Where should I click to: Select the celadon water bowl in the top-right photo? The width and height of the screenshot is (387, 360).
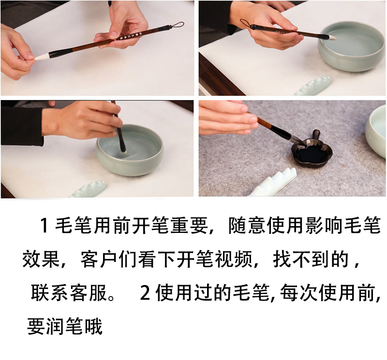point(352,49)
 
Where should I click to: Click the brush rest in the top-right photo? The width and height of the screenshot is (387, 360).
point(312,86)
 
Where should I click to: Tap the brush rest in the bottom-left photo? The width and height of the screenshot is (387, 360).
point(87,189)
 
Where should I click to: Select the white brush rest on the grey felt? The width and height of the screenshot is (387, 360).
point(272,182)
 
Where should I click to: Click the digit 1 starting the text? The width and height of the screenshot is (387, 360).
point(44,225)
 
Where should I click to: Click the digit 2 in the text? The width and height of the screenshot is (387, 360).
point(145,293)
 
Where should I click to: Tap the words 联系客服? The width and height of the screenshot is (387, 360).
point(69,293)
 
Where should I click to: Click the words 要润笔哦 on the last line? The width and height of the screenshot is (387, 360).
point(65,327)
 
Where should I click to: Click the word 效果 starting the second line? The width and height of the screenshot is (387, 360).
point(41,259)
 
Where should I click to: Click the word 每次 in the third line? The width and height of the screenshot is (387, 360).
point(298,293)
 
